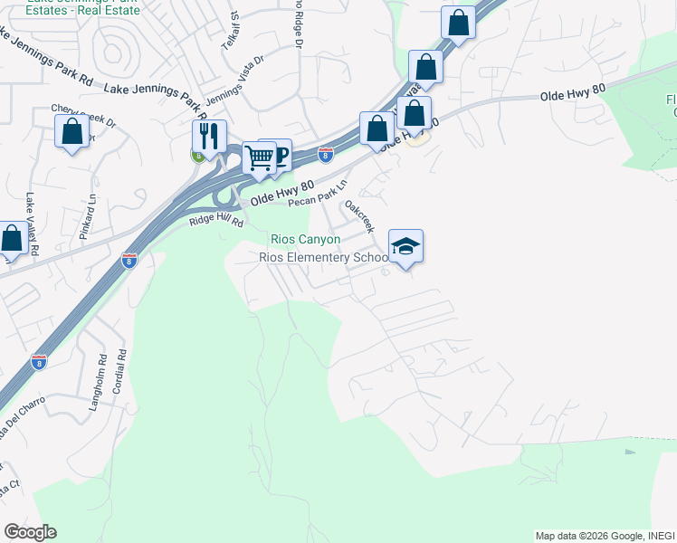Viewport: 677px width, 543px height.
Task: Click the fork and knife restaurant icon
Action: tap(209, 136)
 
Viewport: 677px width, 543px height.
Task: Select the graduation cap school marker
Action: tap(405, 245)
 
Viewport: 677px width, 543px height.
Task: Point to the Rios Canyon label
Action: tap(306, 239)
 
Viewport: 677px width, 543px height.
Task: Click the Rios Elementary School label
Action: tap(324, 257)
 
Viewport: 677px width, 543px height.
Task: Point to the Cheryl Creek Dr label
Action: tap(84, 115)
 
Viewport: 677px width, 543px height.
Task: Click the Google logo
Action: tap(30, 532)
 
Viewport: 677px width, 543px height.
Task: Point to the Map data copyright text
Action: tap(605, 536)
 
